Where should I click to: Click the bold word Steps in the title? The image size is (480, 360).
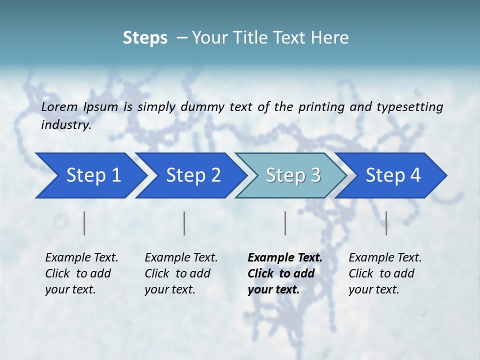(x=145, y=38)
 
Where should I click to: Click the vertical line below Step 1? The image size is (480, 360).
(x=84, y=223)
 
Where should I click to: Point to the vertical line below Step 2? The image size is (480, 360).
(x=184, y=223)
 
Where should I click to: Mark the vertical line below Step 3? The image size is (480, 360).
(x=285, y=223)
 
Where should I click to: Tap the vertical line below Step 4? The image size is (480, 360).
(x=386, y=223)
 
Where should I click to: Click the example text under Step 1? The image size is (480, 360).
(x=81, y=273)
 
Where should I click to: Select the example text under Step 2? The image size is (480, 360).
(x=181, y=273)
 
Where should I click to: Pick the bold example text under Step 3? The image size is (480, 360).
(x=284, y=273)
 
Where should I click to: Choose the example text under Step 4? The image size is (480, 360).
(x=385, y=273)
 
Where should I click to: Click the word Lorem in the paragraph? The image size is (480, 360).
(x=59, y=106)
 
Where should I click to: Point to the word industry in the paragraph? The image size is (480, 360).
(x=66, y=125)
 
